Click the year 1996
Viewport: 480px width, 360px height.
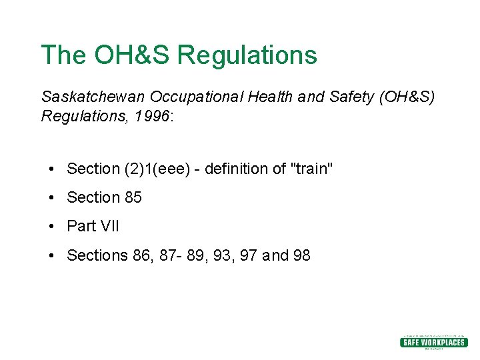(151, 117)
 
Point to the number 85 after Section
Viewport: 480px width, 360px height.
(133, 198)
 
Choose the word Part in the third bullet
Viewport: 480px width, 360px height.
(81, 227)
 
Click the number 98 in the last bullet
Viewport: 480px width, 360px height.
(301, 255)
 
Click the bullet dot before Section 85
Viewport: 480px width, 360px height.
(51, 198)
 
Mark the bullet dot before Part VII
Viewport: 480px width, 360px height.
(51, 227)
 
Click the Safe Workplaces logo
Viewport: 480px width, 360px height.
(433, 342)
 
